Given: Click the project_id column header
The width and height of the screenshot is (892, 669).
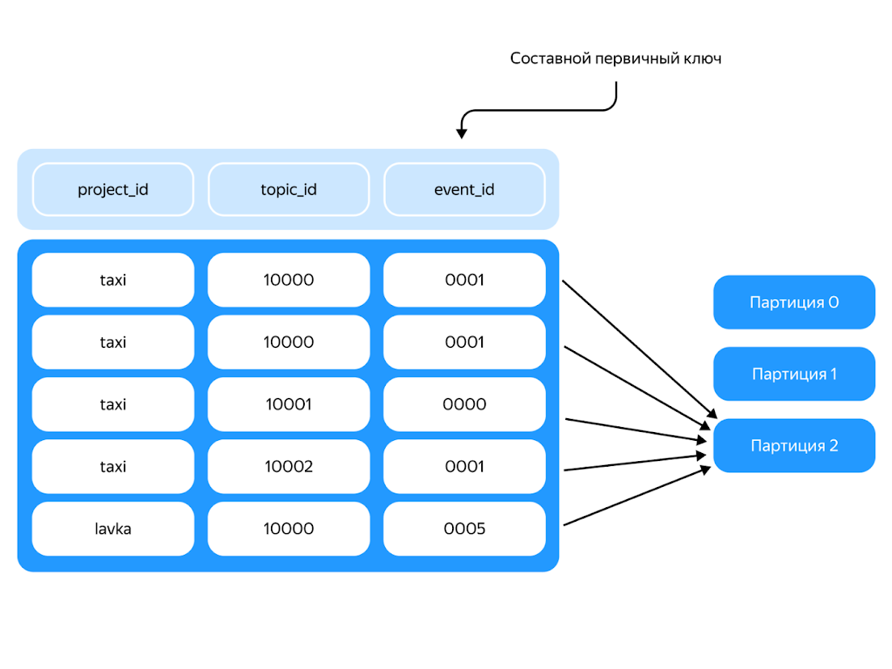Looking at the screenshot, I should (x=113, y=190).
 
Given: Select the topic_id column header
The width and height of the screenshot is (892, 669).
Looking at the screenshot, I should (x=289, y=190).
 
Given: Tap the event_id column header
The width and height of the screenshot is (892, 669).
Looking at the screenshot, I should (x=464, y=190).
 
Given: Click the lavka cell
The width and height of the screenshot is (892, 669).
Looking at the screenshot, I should (x=113, y=529).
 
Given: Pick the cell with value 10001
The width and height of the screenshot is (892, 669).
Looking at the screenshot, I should (x=289, y=404).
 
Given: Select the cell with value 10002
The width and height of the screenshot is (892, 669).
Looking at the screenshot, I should (x=289, y=467).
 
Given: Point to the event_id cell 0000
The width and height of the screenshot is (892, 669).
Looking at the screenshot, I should (x=464, y=404).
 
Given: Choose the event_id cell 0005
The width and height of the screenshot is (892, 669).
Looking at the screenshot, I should (x=464, y=529).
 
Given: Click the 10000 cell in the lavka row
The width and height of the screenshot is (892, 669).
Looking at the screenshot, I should (x=289, y=529).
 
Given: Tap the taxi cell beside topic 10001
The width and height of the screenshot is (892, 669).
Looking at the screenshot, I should (x=113, y=404).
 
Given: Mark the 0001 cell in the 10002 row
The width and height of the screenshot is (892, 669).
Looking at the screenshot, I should (x=464, y=467).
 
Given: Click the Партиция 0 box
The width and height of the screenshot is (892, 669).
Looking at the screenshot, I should (x=793, y=303).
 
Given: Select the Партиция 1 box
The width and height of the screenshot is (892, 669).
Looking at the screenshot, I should (x=793, y=375).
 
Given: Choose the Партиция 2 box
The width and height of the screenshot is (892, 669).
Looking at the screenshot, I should (x=793, y=446).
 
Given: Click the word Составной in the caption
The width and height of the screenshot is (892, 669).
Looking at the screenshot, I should (x=547, y=59).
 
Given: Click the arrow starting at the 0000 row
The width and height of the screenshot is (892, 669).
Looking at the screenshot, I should (x=635, y=430).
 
